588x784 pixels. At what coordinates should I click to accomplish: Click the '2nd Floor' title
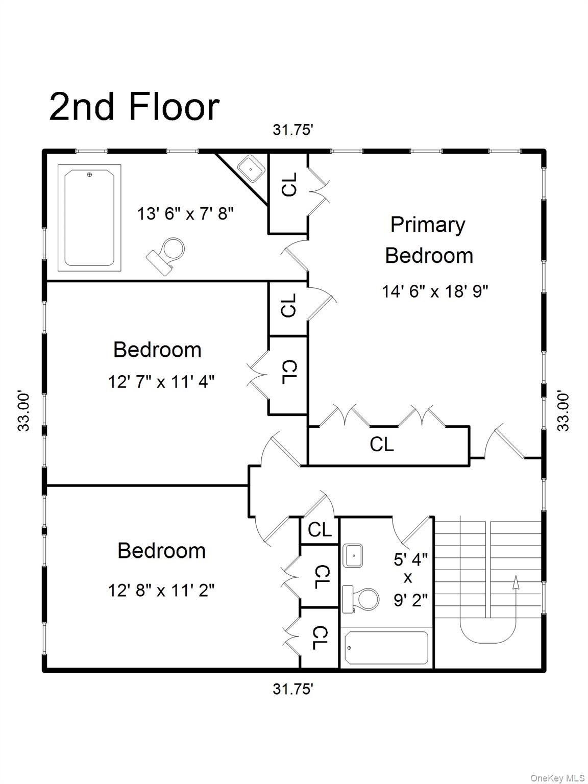[134, 107]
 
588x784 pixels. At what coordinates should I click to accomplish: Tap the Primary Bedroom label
[428, 240]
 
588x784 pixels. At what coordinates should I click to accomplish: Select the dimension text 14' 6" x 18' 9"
[435, 291]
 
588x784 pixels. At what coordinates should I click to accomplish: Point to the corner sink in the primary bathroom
[251, 169]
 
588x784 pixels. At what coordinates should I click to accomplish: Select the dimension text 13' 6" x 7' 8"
[185, 213]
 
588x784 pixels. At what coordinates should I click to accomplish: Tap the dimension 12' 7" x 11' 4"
[161, 381]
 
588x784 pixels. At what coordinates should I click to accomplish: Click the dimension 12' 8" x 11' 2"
[161, 591]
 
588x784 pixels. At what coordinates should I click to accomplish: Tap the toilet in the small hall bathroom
[361, 598]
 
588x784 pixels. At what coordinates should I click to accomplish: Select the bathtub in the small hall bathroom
[386, 648]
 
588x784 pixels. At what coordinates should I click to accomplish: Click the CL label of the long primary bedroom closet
[382, 444]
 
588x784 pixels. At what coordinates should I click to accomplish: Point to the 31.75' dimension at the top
[292, 130]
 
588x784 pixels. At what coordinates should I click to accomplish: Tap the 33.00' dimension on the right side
[563, 411]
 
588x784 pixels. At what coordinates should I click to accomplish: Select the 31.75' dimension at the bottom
[292, 689]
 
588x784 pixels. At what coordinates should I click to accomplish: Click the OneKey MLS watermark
[557, 778]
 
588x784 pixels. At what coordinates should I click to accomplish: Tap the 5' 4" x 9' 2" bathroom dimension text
[410, 580]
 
